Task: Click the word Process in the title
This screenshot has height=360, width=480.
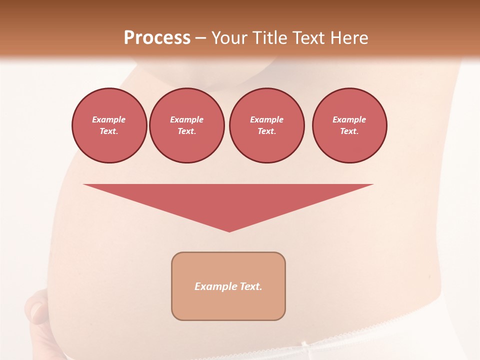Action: click(157, 38)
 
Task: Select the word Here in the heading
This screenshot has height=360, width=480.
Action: click(350, 38)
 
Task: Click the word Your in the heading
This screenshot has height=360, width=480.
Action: click(229, 38)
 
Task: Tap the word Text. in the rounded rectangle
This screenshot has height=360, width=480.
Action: click(250, 286)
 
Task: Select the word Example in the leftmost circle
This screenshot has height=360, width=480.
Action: click(109, 119)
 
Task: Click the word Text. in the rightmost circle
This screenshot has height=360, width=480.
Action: click(349, 131)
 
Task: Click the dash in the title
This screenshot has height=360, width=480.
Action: click(201, 38)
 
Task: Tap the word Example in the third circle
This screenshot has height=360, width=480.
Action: click(266, 119)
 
